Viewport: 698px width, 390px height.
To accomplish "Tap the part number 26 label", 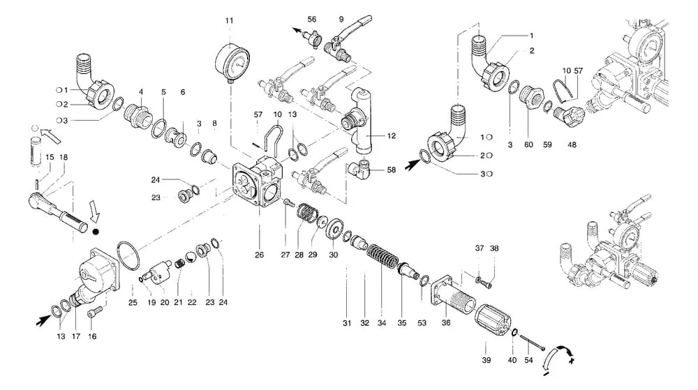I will point(259,255).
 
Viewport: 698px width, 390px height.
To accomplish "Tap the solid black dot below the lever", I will point(96,231).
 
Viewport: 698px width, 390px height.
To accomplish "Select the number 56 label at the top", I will point(311,20).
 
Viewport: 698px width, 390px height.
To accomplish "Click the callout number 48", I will point(572,145).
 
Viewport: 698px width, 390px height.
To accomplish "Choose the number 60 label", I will point(528,145).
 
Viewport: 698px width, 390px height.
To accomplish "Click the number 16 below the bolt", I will point(92,336).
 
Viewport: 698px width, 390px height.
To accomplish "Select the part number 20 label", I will point(165,302).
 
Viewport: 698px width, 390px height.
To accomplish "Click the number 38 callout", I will point(494,248).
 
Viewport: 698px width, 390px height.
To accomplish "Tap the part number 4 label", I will point(141,92).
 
